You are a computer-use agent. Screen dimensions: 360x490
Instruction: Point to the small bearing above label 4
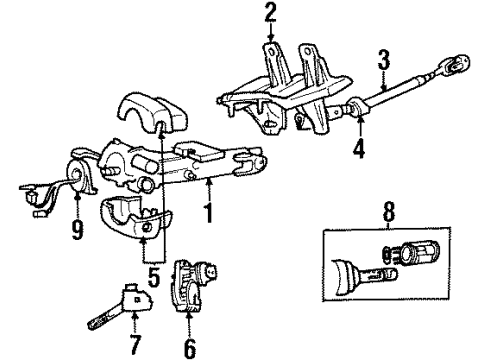[x=356, y=109]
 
